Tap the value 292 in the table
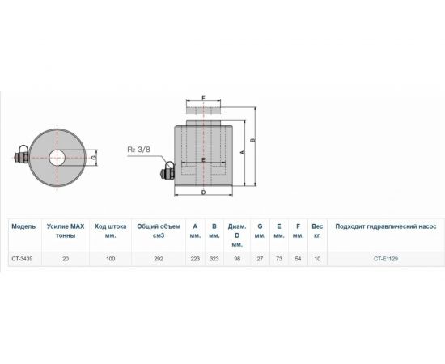(158, 259)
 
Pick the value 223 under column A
(195, 259)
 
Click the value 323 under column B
(214, 259)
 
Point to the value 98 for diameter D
(237, 259)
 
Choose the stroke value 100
(111, 259)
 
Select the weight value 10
(317, 259)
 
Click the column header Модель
(23, 227)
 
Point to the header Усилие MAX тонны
(66, 231)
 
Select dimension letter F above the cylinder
(204, 99)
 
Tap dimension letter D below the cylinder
(204, 193)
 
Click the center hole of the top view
(59, 157)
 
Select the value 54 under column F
(298, 259)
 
